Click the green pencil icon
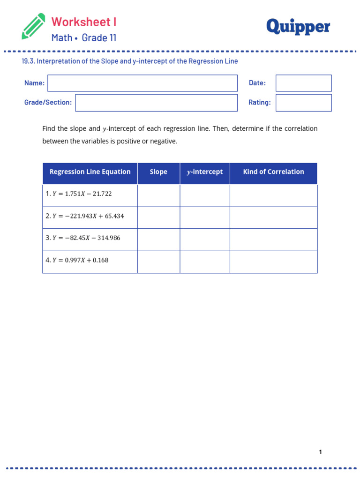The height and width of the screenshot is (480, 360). pyautogui.click(x=33, y=26)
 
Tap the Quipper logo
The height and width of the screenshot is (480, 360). pyautogui.click(x=298, y=27)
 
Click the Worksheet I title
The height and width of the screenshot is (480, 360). pyautogui.click(x=84, y=22)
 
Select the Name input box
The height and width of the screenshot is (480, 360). pyautogui.click(x=142, y=83)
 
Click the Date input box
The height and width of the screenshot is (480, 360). pyautogui.click(x=303, y=83)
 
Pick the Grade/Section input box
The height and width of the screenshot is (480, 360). pyautogui.click(x=156, y=103)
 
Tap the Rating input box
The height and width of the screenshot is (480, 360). pyautogui.click(x=303, y=103)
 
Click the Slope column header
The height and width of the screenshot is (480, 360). pyautogui.click(x=158, y=172)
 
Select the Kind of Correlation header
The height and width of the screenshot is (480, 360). pyautogui.click(x=273, y=172)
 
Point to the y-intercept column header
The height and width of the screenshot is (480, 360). pyautogui.click(x=205, y=172)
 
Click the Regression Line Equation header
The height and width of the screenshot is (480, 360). pyautogui.click(x=90, y=172)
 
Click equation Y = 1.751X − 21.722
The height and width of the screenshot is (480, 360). pyautogui.click(x=79, y=194)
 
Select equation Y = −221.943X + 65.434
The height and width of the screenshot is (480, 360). pyautogui.click(x=85, y=216)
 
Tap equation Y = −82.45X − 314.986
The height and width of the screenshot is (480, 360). pyautogui.click(x=83, y=238)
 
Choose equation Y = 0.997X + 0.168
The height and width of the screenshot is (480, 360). pyautogui.click(x=77, y=260)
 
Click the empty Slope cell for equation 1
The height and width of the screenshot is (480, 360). pyautogui.click(x=158, y=195)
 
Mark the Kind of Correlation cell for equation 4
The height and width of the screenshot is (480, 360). pyautogui.click(x=273, y=262)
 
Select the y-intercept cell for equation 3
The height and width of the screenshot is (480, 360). pyautogui.click(x=205, y=240)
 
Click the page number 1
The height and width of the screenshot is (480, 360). pyautogui.click(x=320, y=452)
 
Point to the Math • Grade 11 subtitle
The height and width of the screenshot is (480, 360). pyautogui.click(x=84, y=38)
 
